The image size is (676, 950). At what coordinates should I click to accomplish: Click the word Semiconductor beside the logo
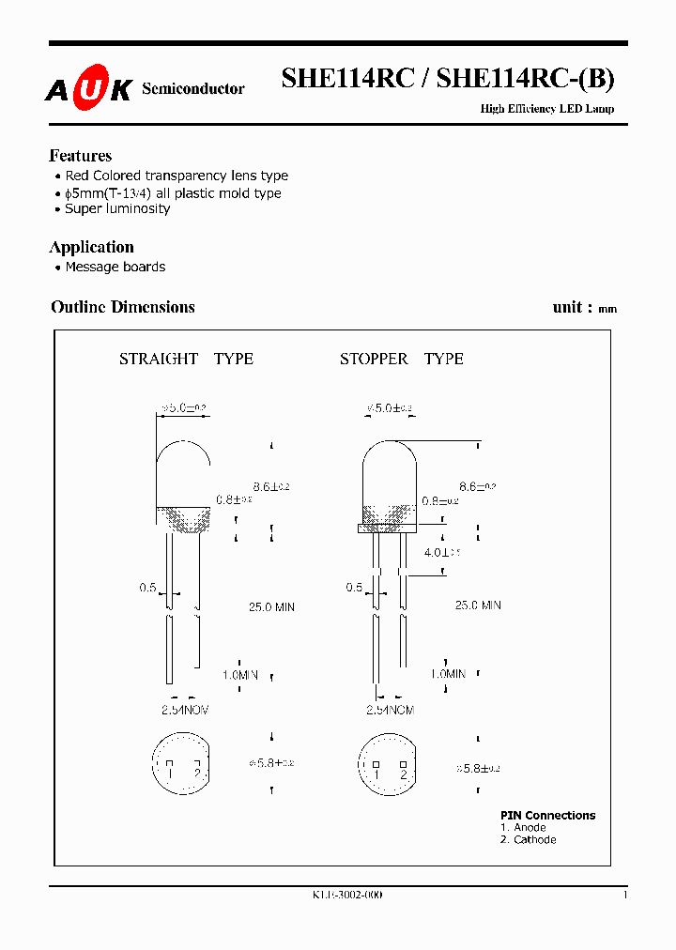click(x=192, y=88)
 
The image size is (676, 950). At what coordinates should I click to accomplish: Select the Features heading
click(x=80, y=156)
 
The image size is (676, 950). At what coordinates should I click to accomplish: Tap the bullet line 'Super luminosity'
click(x=117, y=208)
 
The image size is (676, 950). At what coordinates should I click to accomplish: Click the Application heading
click(x=91, y=247)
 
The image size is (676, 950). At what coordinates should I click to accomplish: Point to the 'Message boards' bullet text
click(x=115, y=267)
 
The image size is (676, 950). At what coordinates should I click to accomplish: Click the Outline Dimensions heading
click(x=122, y=307)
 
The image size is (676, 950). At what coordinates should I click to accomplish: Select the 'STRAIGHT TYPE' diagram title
click(x=186, y=359)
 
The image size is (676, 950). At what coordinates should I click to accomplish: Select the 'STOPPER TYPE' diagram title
click(x=401, y=359)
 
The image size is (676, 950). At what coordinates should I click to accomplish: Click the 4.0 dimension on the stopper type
click(x=437, y=552)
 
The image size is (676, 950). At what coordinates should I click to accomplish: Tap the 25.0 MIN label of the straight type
click(x=271, y=607)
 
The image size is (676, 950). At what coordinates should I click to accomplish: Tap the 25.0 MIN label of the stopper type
click(x=478, y=605)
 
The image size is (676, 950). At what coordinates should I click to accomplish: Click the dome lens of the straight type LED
click(x=182, y=465)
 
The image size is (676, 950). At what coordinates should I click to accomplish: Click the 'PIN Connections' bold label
click(x=547, y=815)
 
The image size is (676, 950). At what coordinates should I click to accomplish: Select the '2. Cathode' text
click(x=528, y=839)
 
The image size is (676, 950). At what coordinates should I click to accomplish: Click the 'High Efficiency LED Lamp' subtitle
click(x=547, y=109)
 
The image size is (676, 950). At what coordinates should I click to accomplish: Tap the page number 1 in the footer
click(x=625, y=895)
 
